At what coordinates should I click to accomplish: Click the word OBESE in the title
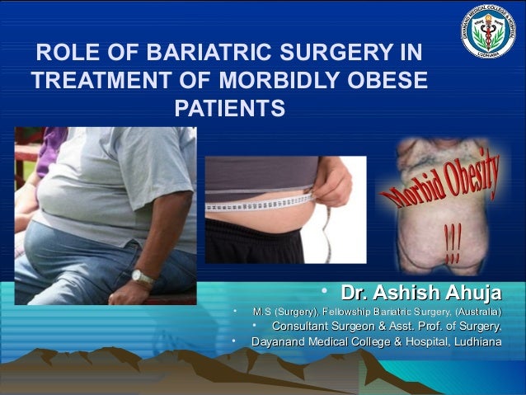tap(392, 82)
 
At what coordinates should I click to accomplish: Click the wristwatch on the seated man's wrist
tap(143, 278)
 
